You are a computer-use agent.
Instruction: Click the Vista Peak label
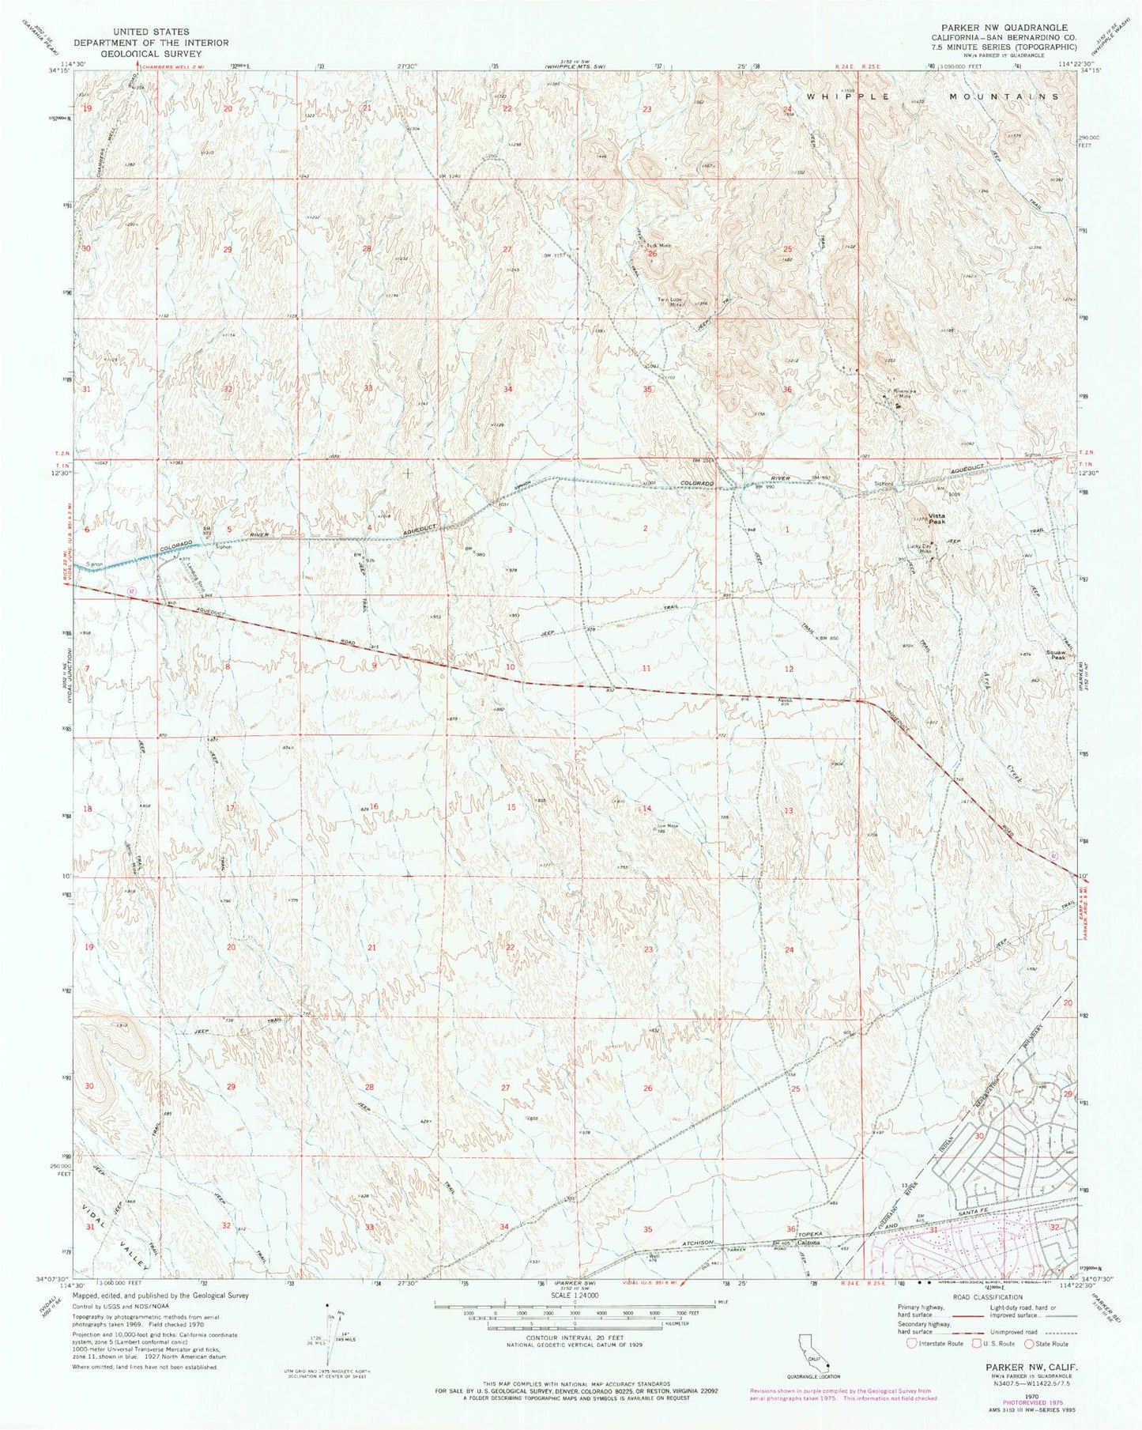tap(937, 518)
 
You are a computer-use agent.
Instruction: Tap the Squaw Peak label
tap(1056, 655)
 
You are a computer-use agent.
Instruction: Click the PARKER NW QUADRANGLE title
tap(999, 28)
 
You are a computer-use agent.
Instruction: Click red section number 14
tap(646, 808)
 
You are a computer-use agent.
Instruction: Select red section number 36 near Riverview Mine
tap(787, 390)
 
